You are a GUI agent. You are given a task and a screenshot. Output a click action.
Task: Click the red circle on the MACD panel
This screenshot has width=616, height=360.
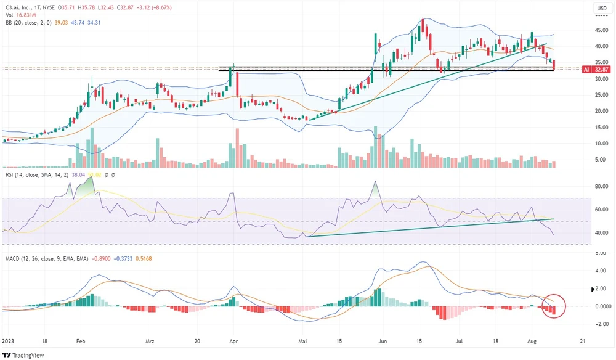553,305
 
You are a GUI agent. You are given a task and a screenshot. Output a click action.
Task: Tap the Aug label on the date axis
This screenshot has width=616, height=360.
530,340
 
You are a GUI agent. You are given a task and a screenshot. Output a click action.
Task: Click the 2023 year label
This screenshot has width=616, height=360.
9,340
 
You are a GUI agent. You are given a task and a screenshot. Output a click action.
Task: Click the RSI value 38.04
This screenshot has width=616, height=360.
78,176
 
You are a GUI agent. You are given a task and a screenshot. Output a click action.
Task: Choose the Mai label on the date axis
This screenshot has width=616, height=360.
302,340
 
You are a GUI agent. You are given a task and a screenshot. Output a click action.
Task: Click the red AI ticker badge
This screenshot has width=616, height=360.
585,70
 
